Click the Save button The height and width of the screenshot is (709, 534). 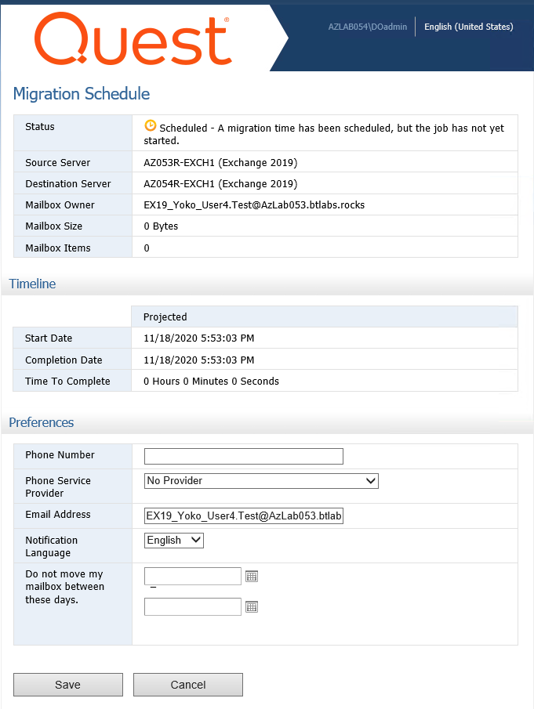tap(68, 685)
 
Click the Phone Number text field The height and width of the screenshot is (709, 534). tap(244, 456)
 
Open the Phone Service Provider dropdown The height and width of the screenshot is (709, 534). tap(261, 480)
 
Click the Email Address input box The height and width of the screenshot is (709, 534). tap(244, 515)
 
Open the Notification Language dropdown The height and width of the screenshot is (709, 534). tap(174, 540)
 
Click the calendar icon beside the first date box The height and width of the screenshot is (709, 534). tap(252, 577)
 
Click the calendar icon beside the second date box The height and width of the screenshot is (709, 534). tap(252, 606)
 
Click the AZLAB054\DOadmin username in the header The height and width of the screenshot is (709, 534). tap(368, 27)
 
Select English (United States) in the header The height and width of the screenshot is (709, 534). tap(469, 27)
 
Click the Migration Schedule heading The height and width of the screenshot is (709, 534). tap(82, 94)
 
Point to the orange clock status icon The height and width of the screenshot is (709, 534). tap(151, 125)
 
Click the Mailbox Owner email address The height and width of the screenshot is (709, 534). tap(254, 205)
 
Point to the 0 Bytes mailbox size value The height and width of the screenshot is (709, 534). tap(161, 226)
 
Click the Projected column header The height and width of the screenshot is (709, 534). tap(165, 317)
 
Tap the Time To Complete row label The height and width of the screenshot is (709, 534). tap(67, 382)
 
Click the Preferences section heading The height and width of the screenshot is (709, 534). tap(42, 422)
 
